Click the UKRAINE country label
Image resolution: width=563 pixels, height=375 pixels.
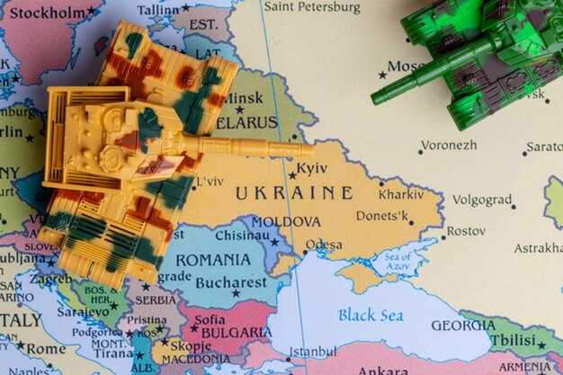click(293, 192)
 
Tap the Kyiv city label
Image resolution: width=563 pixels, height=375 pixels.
click(311, 168)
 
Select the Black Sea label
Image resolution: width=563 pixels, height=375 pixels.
click(370, 315)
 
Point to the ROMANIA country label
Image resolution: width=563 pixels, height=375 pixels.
click(212, 259)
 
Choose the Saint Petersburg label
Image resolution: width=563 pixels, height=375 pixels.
click(311, 7)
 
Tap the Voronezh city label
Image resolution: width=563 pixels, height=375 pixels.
click(449, 145)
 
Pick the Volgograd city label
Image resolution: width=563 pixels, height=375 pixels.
click(481, 200)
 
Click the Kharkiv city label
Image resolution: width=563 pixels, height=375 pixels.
click(400, 193)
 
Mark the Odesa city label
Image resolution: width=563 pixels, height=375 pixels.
click(323, 244)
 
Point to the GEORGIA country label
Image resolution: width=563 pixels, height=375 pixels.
click(462, 326)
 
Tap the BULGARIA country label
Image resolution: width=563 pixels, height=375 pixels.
click(236, 332)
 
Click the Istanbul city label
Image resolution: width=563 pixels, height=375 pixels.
click(312, 351)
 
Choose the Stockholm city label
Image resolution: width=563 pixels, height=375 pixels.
click(44, 13)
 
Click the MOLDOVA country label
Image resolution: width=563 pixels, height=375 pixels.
click(285, 221)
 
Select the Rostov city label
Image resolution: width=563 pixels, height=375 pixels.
click(465, 231)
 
